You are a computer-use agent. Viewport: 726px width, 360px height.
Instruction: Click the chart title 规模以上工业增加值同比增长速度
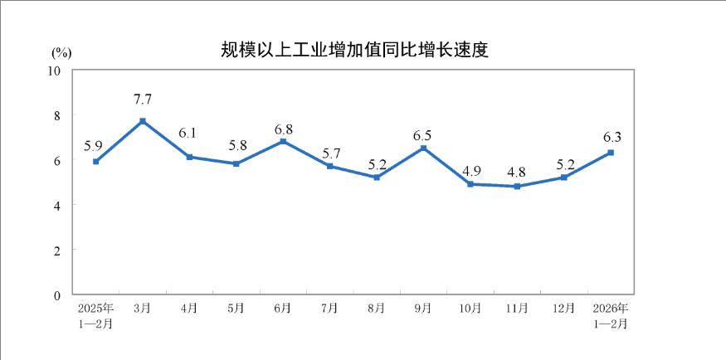(x=353, y=50)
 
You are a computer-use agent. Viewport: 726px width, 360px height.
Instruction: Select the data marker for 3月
(x=143, y=121)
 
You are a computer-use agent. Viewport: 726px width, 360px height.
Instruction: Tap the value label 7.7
(x=143, y=100)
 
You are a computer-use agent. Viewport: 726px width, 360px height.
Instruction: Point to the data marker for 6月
(x=283, y=141)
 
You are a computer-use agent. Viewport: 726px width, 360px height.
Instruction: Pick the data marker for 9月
(x=423, y=148)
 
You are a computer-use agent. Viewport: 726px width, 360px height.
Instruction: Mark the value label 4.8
(x=517, y=173)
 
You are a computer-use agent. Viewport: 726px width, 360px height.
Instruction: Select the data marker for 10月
(x=470, y=184)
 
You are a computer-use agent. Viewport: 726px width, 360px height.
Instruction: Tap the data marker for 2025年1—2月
(x=96, y=162)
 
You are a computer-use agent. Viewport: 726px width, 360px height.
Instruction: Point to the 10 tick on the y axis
(x=57, y=71)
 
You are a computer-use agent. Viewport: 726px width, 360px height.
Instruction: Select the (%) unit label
(x=61, y=51)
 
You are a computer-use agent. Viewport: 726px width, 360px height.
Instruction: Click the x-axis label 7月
(x=329, y=309)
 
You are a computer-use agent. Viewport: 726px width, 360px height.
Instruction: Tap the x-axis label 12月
(x=563, y=309)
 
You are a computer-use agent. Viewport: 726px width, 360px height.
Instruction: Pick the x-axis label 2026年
(x=611, y=309)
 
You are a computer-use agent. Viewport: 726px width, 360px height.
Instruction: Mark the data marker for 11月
(x=517, y=187)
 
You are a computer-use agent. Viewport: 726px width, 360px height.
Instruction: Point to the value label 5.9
(x=93, y=146)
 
